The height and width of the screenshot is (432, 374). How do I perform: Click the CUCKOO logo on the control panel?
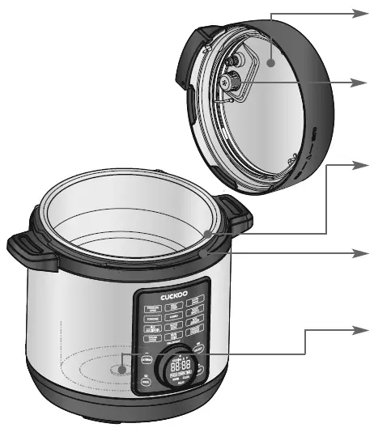[x=172, y=298]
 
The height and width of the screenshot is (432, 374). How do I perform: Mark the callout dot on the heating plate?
[x=121, y=369]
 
